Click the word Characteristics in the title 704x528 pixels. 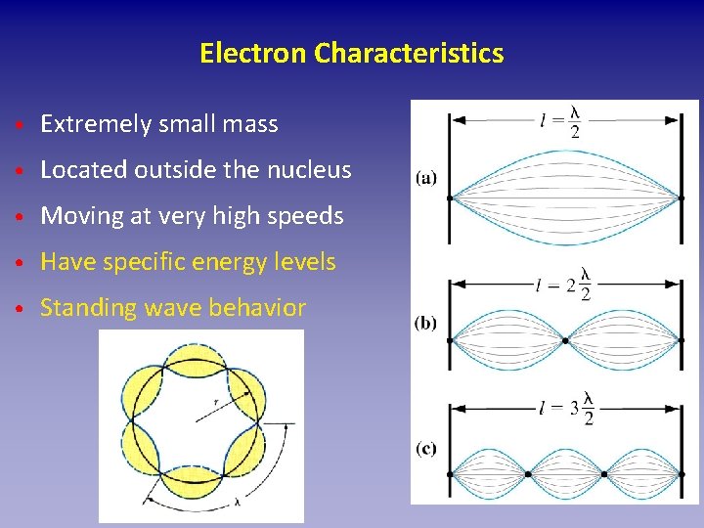[x=409, y=53]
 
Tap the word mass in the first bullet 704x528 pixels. [x=252, y=124]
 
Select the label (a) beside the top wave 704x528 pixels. [x=426, y=177]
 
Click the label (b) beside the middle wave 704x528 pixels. [x=425, y=322]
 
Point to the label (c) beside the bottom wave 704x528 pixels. [x=425, y=449]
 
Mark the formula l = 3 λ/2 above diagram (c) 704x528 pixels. [x=566, y=411]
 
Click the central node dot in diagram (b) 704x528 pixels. [x=565, y=341]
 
